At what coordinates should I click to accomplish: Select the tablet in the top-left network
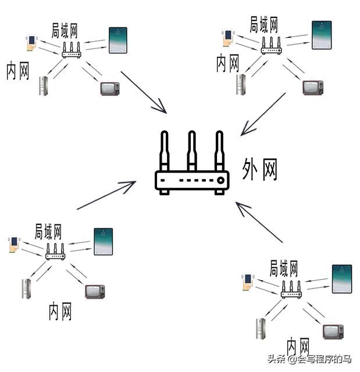click(118, 41)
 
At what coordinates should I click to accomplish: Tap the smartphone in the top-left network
click(31, 44)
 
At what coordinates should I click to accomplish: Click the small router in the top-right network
click(270, 46)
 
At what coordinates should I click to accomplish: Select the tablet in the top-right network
click(322, 35)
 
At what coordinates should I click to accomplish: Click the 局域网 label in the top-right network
click(263, 24)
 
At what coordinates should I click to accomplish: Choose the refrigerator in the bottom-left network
click(26, 288)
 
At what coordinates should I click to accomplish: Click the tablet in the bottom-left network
click(103, 242)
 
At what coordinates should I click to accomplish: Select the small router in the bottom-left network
click(55, 252)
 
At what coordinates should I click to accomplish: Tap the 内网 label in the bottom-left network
click(60, 311)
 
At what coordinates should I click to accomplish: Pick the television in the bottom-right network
click(334, 332)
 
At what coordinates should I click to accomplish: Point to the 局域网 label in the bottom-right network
click(284, 269)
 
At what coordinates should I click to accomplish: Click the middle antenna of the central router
click(191, 149)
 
